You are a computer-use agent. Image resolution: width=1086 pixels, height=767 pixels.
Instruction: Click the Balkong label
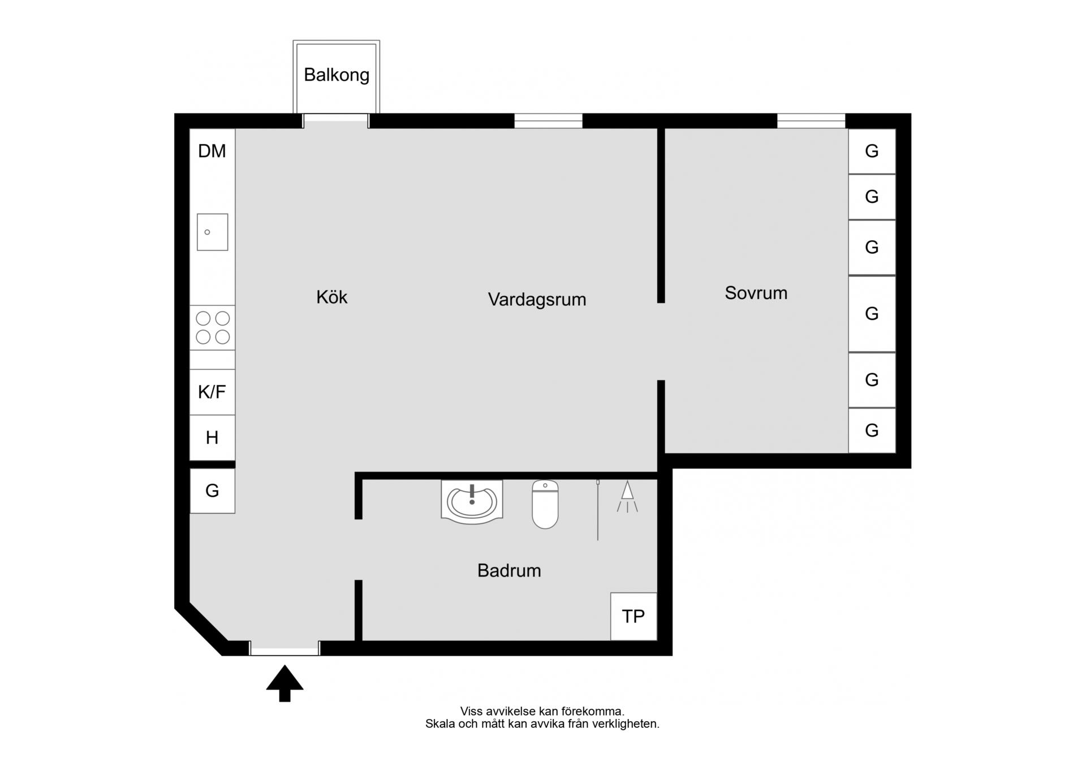[337, 75]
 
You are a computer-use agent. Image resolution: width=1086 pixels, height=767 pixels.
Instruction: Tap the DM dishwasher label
[212, 151]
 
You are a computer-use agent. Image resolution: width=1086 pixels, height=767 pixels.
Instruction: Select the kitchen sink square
[212, 232]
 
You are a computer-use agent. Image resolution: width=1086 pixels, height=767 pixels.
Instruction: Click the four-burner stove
[212, 328]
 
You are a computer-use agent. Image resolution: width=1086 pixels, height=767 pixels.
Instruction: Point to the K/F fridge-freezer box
[212, 392]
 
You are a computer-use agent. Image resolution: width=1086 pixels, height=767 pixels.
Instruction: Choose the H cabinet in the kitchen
[212, 437]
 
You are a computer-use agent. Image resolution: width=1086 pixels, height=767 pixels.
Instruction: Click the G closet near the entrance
[212, 491]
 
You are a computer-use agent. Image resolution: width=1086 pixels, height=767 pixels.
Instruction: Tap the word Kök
[332, 297]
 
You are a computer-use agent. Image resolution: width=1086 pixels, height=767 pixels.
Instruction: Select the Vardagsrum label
[537, 300]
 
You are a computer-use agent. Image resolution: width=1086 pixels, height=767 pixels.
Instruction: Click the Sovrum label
[756, 293]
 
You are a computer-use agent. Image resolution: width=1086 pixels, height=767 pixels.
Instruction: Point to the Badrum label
[509, 570]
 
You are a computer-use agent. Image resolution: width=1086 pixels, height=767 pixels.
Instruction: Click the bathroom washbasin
[472, 502]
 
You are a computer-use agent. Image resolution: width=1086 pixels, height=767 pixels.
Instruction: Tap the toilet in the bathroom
[545, 504]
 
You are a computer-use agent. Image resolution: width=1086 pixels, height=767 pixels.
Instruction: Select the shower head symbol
[627, 497]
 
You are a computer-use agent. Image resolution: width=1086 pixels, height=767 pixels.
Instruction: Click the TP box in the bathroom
[633, 616]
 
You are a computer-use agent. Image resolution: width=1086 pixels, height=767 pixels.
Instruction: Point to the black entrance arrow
[285, 683]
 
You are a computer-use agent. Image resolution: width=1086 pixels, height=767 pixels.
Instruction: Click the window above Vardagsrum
[548, 121]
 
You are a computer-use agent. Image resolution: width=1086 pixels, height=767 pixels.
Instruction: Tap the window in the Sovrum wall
[811, 121]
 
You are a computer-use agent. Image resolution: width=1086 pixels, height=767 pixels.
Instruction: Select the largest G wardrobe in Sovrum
[872, 314]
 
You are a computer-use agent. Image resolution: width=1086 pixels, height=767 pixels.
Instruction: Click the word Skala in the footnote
[440, 724]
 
